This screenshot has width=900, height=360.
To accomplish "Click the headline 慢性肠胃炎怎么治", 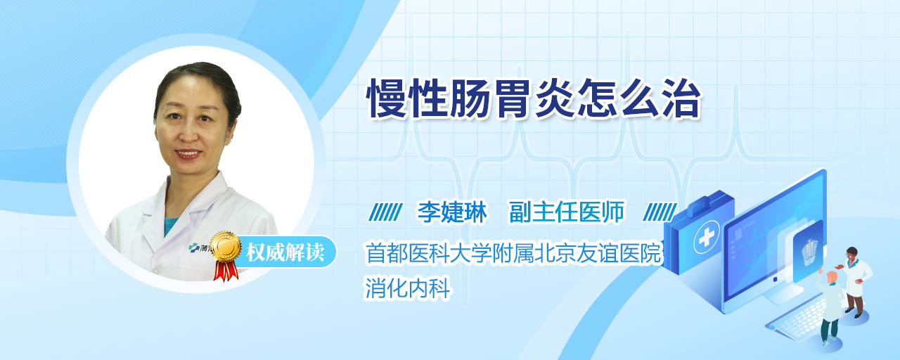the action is point(534,98).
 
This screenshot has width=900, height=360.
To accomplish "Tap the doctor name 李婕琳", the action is point(452,212).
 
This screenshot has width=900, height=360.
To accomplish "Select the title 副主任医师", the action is point(567,212).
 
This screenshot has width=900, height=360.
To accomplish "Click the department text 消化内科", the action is point(407,288).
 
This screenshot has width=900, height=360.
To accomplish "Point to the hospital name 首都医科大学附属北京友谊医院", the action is point(513,252).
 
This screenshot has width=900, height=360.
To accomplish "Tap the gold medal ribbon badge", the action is point(226,255).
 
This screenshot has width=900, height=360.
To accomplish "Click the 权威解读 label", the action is point(285,252).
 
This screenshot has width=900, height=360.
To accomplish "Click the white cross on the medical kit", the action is point(706,238).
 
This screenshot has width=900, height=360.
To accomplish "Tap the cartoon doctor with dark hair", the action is point(855,281).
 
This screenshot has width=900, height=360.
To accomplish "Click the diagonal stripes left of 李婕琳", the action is point(386,212).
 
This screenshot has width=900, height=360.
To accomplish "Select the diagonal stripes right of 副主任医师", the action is point(660,212).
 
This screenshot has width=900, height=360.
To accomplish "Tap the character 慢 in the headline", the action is point(387,98).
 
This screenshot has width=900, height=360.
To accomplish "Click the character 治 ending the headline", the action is point(681,98).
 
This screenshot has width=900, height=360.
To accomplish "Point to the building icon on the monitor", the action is point(810,249).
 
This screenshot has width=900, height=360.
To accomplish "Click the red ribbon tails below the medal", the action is point(226,271).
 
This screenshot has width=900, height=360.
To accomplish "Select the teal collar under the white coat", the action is point(171,225).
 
